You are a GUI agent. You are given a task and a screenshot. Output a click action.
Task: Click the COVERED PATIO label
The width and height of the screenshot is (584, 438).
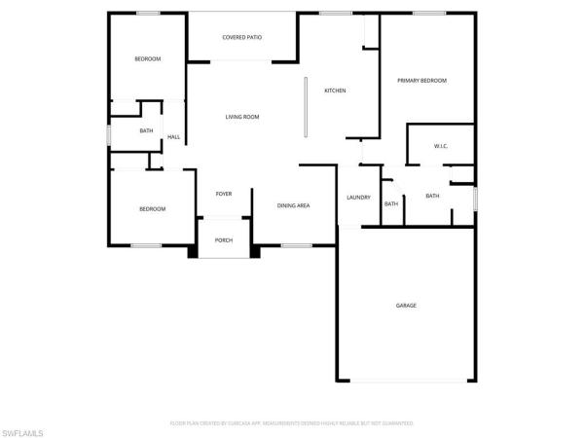(x=242, y=38)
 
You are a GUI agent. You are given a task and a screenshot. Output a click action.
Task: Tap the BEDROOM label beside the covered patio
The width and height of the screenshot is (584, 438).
(x=147, y=59)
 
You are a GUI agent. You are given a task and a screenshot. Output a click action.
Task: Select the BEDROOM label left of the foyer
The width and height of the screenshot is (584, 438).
(x=152, y=209)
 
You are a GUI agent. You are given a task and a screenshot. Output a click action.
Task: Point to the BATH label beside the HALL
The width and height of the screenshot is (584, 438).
(x=146, y=130)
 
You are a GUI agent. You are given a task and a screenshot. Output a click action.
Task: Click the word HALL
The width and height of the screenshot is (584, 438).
(x=173, y=137)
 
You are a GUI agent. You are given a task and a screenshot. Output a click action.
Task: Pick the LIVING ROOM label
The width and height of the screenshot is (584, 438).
(x=242, y=117)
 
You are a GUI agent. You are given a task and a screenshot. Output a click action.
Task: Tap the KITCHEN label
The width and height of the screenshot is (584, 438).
(x=336, y=91)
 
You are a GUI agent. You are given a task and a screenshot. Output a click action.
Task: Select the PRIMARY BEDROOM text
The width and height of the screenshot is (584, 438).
(x=421, y=81)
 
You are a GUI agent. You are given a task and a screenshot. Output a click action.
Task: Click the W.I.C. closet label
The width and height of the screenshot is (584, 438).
(x=440, y=146)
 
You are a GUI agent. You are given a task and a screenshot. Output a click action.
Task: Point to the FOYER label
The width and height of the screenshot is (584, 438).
(x=224, y=195)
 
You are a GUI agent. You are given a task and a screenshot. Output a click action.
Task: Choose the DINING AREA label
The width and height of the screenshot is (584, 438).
(x=293, y=205)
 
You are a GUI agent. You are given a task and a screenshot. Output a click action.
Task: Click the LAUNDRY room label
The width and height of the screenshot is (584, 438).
(x=358, y=198)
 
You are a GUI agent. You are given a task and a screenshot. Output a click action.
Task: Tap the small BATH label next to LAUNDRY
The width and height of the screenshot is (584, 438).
(x=390, y=203)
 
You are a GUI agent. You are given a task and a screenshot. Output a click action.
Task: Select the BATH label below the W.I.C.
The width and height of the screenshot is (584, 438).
(x=432, y=196)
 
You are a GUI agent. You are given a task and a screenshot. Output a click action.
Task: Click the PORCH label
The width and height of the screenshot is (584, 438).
(x=224, y=240)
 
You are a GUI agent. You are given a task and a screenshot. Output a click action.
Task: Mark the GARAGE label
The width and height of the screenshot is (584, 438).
(x=406, y=306)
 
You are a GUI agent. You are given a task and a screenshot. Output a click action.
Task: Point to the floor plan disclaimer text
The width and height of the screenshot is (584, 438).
(x=292, y=423)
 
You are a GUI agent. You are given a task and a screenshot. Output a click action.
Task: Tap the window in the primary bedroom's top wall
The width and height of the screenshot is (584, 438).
(x=428, y=13)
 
